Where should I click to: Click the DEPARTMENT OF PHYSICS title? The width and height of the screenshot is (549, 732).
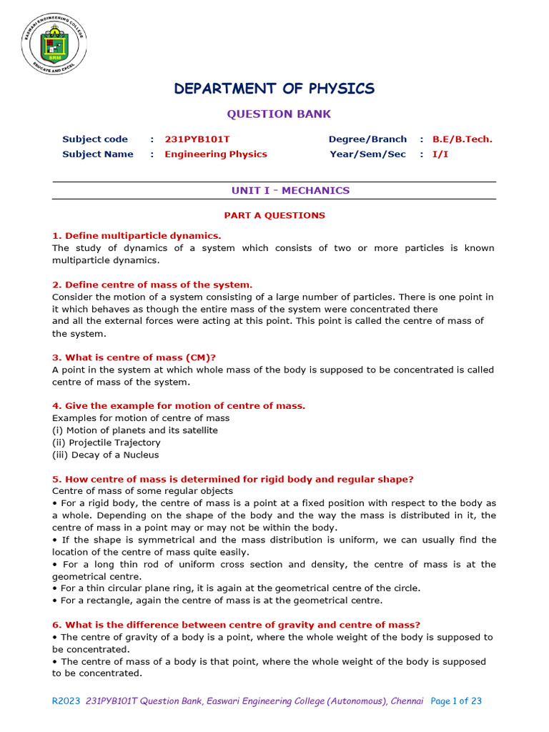274,89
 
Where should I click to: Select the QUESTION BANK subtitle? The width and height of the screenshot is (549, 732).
279,114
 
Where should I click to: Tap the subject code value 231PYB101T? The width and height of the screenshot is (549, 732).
197,139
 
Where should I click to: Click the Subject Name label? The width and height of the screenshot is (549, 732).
98,154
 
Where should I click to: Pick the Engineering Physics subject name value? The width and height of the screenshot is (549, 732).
216,154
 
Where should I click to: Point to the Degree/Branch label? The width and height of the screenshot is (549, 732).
367,139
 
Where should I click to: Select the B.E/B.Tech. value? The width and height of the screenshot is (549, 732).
462,139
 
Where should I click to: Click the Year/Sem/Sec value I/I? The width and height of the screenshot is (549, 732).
440,154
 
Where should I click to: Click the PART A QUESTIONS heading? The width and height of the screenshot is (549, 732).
274,215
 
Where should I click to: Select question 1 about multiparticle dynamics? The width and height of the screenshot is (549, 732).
137,236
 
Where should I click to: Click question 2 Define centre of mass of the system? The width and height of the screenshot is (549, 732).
152,285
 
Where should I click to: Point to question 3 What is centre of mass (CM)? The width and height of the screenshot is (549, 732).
134,357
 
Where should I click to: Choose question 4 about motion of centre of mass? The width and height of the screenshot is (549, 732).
179,406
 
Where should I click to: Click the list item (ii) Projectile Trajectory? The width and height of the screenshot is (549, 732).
107,442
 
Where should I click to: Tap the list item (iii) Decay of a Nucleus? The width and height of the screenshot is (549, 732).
106,455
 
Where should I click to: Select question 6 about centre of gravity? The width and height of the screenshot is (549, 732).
236,625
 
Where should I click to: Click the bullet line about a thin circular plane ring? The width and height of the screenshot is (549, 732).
236,588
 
